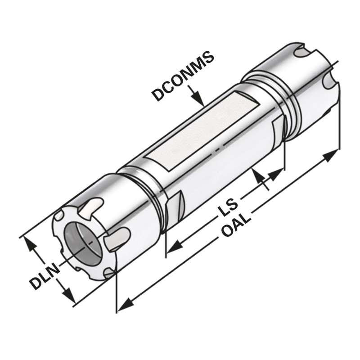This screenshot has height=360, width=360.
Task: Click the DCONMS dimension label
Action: pyautogui.click(x=182, y=77)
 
